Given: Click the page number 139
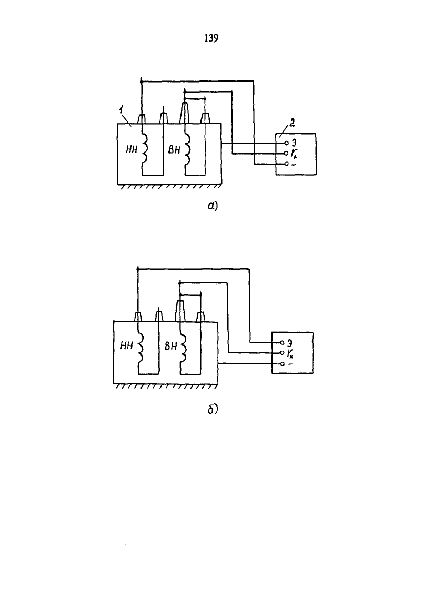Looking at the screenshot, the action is coord(211,38).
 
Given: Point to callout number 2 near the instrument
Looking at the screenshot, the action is coord(292,123).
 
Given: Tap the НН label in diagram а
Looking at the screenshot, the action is coord(131,150).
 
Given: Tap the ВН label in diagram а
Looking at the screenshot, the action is coord(174,150).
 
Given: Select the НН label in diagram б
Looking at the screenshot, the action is coord(126,346).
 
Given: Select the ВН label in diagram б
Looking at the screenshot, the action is coord(170,346).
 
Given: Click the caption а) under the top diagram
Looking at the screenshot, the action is coord(213,206).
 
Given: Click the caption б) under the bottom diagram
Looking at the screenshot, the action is coord(213,410).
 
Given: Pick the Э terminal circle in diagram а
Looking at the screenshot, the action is coord(286,143).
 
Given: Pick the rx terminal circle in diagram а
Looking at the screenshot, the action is coord(286,154).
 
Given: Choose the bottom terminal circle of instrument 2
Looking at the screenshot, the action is coord(286,164).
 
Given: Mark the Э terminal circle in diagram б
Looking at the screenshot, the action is coord(282,342).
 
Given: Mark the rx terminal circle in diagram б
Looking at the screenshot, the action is coord(282,352).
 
